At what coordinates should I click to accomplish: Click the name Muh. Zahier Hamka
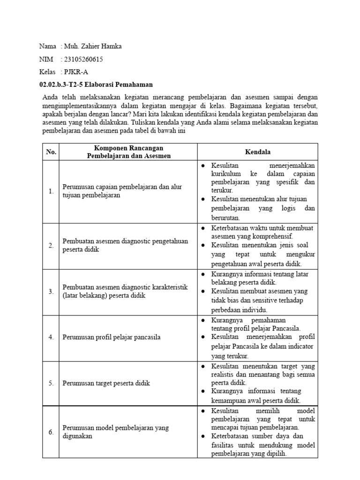click(92, 46)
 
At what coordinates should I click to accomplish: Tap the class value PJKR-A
click(76, 72)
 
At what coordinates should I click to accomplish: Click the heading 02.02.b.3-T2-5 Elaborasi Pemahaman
click(96, 84)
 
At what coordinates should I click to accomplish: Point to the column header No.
click(51, 152)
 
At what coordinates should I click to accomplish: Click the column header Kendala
click(257, 152)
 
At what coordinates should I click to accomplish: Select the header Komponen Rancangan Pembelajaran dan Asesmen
click(128, 152)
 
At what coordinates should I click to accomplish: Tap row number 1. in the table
click(51, 191)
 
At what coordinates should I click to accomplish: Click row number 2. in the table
click(51, 246)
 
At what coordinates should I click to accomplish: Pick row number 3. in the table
click(51, 292)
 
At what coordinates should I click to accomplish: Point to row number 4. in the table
click(51, 337)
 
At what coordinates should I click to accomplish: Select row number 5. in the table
click(51, 383)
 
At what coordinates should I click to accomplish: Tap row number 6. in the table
click(51, 432)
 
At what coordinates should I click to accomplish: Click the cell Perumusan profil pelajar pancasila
click(112, 337)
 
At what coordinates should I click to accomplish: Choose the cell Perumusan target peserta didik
click(106, 383)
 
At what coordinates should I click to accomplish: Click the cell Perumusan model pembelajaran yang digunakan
click(116, 432)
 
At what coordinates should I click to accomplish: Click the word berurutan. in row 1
click(226, 217)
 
